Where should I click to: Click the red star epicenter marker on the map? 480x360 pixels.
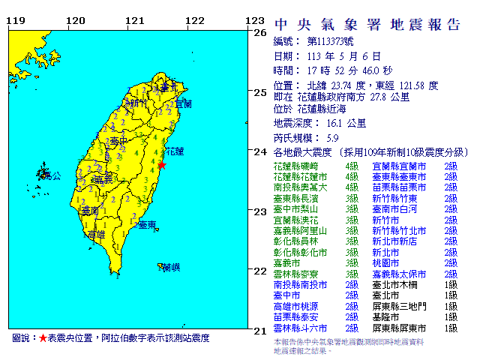pos(161,164)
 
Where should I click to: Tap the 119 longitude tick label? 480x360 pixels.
pos(16,21)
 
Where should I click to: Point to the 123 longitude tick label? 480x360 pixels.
pos(256,21)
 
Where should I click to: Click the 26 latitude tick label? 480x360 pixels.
pos(260,33)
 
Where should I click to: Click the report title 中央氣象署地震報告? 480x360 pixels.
pos(367,24)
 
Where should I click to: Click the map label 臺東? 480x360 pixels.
pos(148,224)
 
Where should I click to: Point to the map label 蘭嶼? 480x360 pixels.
pos(171,267)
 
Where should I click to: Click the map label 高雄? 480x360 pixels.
pos(96,235)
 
